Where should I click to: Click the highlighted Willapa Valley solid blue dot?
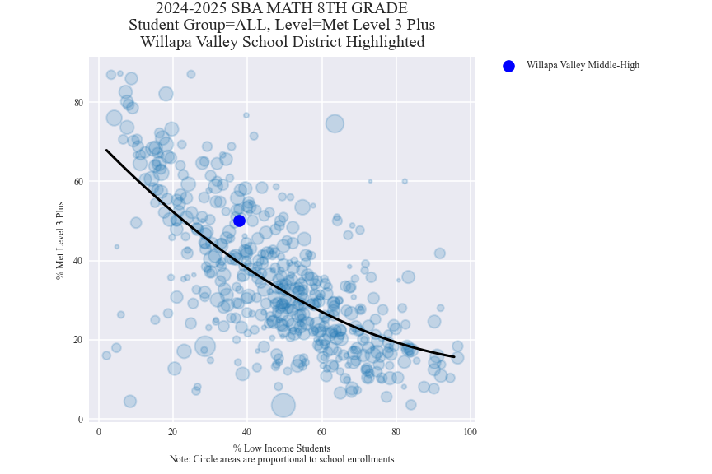coord(239,221)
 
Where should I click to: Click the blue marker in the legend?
coord(508,66)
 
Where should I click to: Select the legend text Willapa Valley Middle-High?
coord(583,66)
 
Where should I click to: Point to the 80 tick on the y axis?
coord(79,102)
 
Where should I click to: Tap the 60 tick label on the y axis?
coord(79,181)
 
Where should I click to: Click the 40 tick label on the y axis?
coord(79,261)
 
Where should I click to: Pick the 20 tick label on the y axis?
coord(79,340)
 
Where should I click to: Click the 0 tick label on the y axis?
coord(81,419)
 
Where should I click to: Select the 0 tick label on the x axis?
coord(99,432)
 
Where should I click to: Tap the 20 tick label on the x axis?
coord(173,432)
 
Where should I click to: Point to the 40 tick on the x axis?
coord(247,432)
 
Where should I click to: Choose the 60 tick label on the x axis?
coord(321,432)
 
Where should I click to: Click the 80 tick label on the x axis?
coord(396,432)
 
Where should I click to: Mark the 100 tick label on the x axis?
coord(470,432)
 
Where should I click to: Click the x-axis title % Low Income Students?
coord(282,448)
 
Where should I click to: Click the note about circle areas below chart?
coord(282,459)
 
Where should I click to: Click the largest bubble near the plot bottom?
coord(283,405)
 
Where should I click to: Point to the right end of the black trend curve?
coord(453,356)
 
